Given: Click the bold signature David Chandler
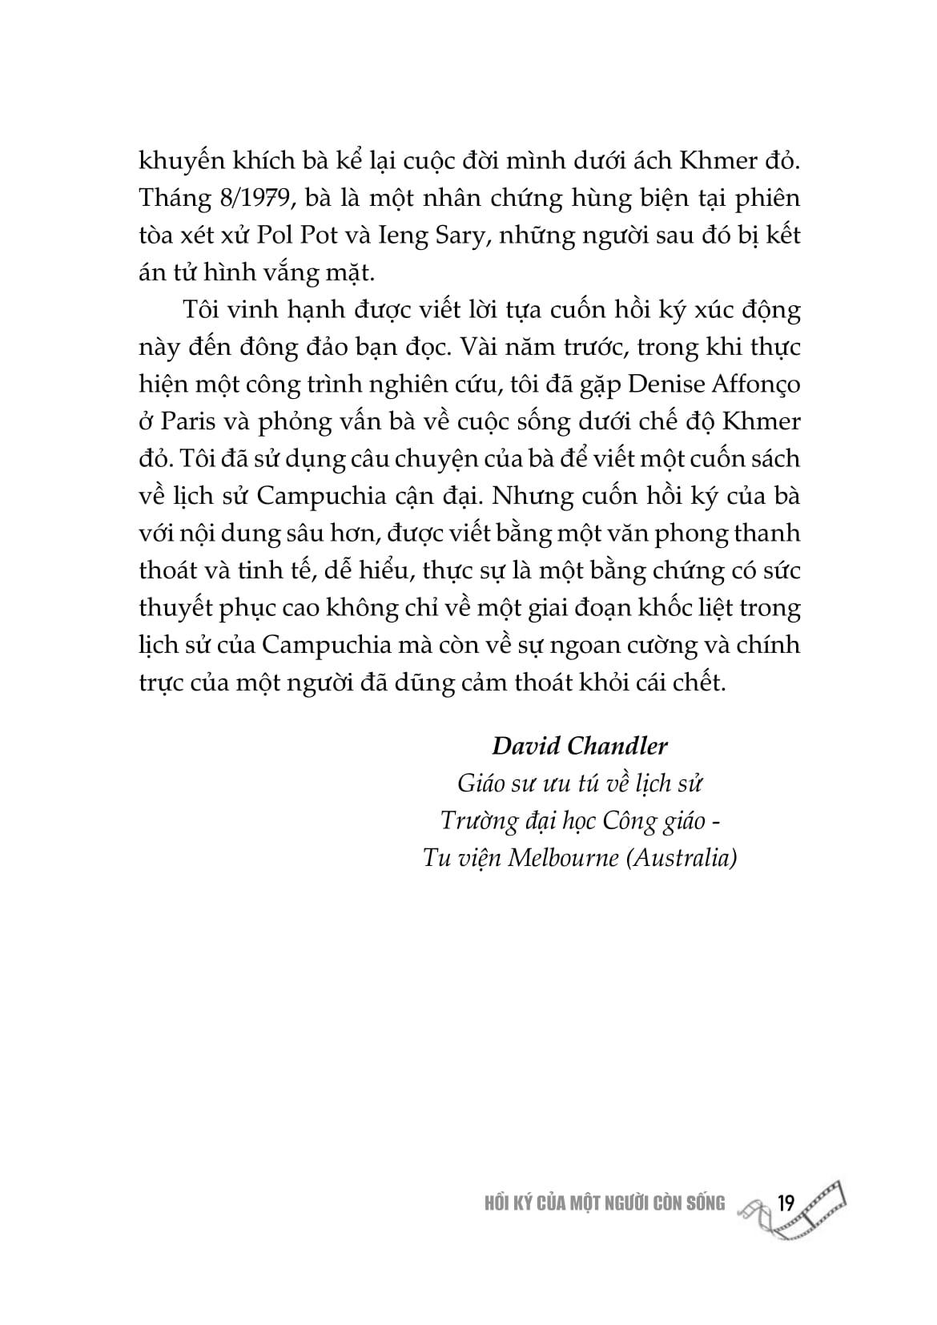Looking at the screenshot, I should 579,746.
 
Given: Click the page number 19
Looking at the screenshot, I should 785,1203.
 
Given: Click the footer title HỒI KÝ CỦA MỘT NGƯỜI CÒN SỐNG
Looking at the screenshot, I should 599,1203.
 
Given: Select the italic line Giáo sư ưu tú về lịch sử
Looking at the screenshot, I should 579,783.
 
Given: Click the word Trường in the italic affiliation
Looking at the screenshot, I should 474,820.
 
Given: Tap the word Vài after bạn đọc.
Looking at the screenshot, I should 482,348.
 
